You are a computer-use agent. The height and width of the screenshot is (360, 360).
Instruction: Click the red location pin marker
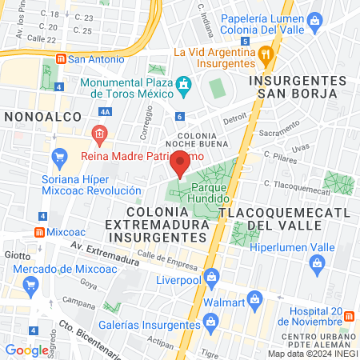click(x=180, y=164)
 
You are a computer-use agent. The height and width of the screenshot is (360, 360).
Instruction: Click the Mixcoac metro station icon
click(x=38, y=232)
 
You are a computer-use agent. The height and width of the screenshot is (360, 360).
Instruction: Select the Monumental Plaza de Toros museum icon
click(x=185, y=83)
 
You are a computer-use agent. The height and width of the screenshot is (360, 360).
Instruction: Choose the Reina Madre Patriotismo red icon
click(x=98, y=133)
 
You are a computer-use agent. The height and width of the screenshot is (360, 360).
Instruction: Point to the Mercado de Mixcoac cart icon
click(x=31, y=284)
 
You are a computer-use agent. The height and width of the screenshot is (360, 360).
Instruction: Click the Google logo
click(x=26, y=350)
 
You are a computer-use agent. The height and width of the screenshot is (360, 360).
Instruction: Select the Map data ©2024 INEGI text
click(x=312, y=353)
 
